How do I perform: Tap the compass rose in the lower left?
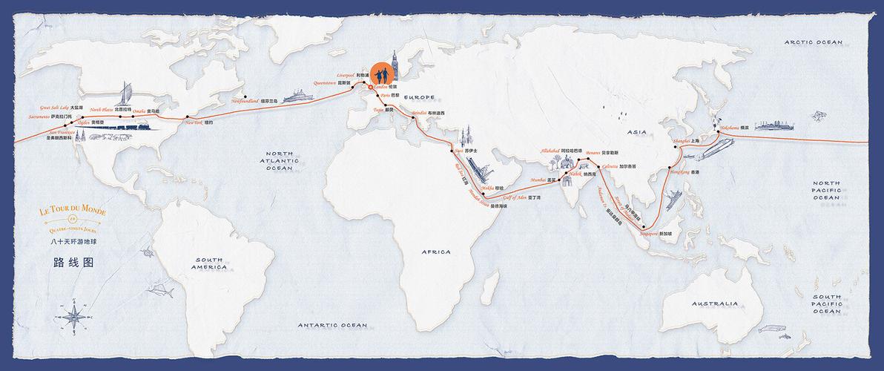point(74,318)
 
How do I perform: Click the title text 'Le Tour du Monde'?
point(72,212)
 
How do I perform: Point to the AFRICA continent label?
point(435,252)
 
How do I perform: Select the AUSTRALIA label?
point(715,303)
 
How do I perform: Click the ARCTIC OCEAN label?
point(814,42)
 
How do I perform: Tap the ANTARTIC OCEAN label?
point(332,325)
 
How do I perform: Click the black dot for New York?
point(188,117)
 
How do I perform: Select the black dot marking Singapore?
point(644,227)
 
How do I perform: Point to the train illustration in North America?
point(133,128)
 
